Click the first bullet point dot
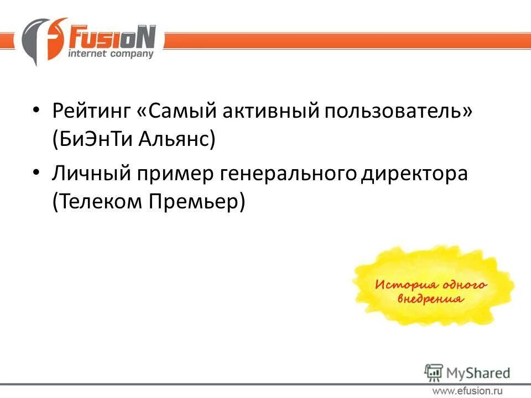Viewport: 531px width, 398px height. point(36,110)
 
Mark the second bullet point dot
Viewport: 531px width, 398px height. point(36,172)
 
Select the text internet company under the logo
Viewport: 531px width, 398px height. point(110,55)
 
